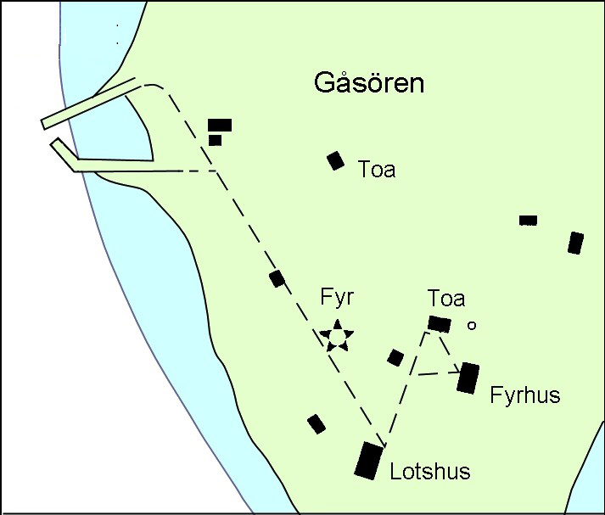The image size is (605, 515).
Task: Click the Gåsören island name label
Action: pyautogui.click(x=368, y=84)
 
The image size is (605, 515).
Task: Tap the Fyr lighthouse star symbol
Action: pyautogui.click(x=337, y=337)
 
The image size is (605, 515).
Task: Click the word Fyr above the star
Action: pyautogui.click(x=337, y=298)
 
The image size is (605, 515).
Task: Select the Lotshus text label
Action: pyautogui.click(x=429, y=472)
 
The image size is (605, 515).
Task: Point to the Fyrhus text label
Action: pyautogui.click(x=525, y=395)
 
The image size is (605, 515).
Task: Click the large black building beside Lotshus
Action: pyautogui.click(x=369, y=461)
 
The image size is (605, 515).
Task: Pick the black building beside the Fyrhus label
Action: pyautogui.click(x=468, y=378)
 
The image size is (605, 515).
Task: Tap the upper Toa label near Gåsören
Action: pyautogui.click(x=377, y=170)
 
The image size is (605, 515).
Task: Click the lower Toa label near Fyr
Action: pyautogui.click(x=446, y=299)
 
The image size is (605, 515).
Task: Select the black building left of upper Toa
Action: pyautogui.click(x=336, y=160)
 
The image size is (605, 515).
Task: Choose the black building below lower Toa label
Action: pyautogui.click(x=440, y=323)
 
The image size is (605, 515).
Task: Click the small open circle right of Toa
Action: pyautogui.click(x=473, y=324)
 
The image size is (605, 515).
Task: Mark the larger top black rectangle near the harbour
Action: pyautogui.click(x=220, y=125)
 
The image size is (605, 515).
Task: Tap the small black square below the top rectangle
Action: pyautogui.click(x=215, y=140)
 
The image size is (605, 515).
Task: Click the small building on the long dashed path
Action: pyautogui.click(x=277, y=278)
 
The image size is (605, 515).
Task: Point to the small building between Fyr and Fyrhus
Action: pyautogui.click(x=395, y=357)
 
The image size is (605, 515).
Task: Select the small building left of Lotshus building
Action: pyautogui.click(x=317, y=423)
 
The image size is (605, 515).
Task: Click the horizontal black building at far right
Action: pyautogui.click(x=528, y=221)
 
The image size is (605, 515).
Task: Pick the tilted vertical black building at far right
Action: pyautogui.click(x=576, y=243)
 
